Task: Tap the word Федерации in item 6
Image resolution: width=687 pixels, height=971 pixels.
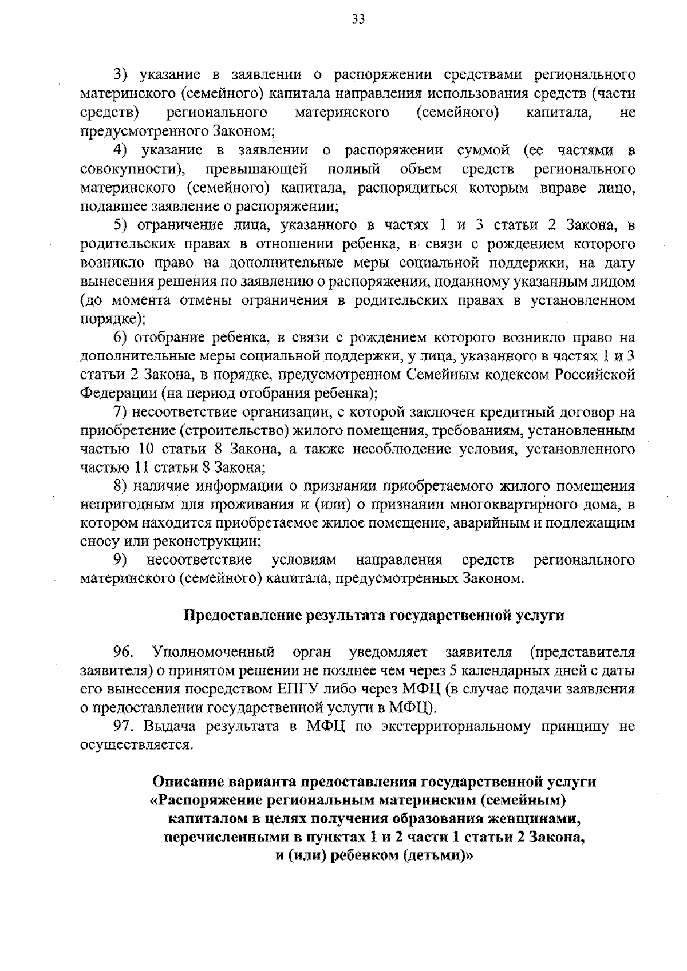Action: pos(117,394)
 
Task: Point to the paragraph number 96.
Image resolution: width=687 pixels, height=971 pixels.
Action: pos(123,652)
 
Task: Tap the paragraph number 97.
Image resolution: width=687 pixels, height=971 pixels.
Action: pos(123,727)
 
